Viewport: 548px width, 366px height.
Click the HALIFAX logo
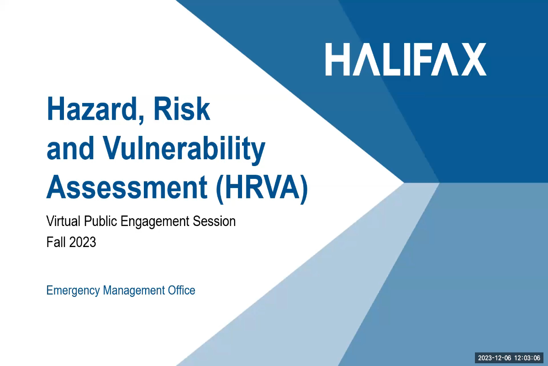[x=406, y=59]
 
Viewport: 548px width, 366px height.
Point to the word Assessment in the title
[x=127, y=187]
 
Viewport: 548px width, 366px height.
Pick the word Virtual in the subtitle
[x=63, y=221]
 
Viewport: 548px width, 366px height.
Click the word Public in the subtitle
[x=100, y=221]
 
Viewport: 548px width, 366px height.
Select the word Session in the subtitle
[x=214, y=221]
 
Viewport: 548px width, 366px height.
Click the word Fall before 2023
[x=56, y=242]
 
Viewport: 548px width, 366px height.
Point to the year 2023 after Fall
[x=83, y=242]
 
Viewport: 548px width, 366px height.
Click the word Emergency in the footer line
[x=73, y=291]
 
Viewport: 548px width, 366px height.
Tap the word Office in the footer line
[x=182, y=290]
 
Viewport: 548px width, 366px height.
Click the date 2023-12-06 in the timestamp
[x=495, y=358]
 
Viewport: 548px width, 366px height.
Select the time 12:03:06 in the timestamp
[x=527, y=358]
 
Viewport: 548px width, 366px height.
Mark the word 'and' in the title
[x=70, y=148]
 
